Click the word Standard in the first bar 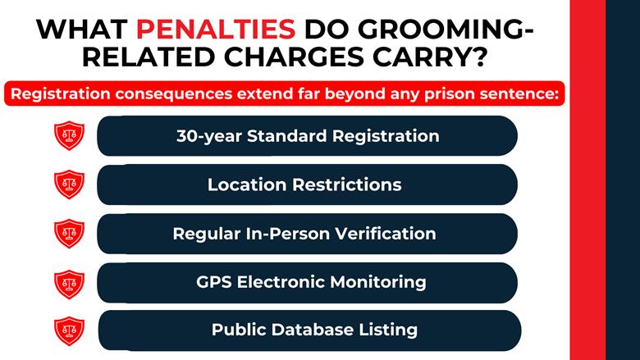[279, 135]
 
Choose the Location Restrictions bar [307, 185]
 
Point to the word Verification [386, 233]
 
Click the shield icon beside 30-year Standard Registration [69, 136]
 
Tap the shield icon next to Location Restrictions [69, 185]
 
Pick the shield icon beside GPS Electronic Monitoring [69, 283]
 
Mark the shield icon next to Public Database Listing [69, 330]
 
